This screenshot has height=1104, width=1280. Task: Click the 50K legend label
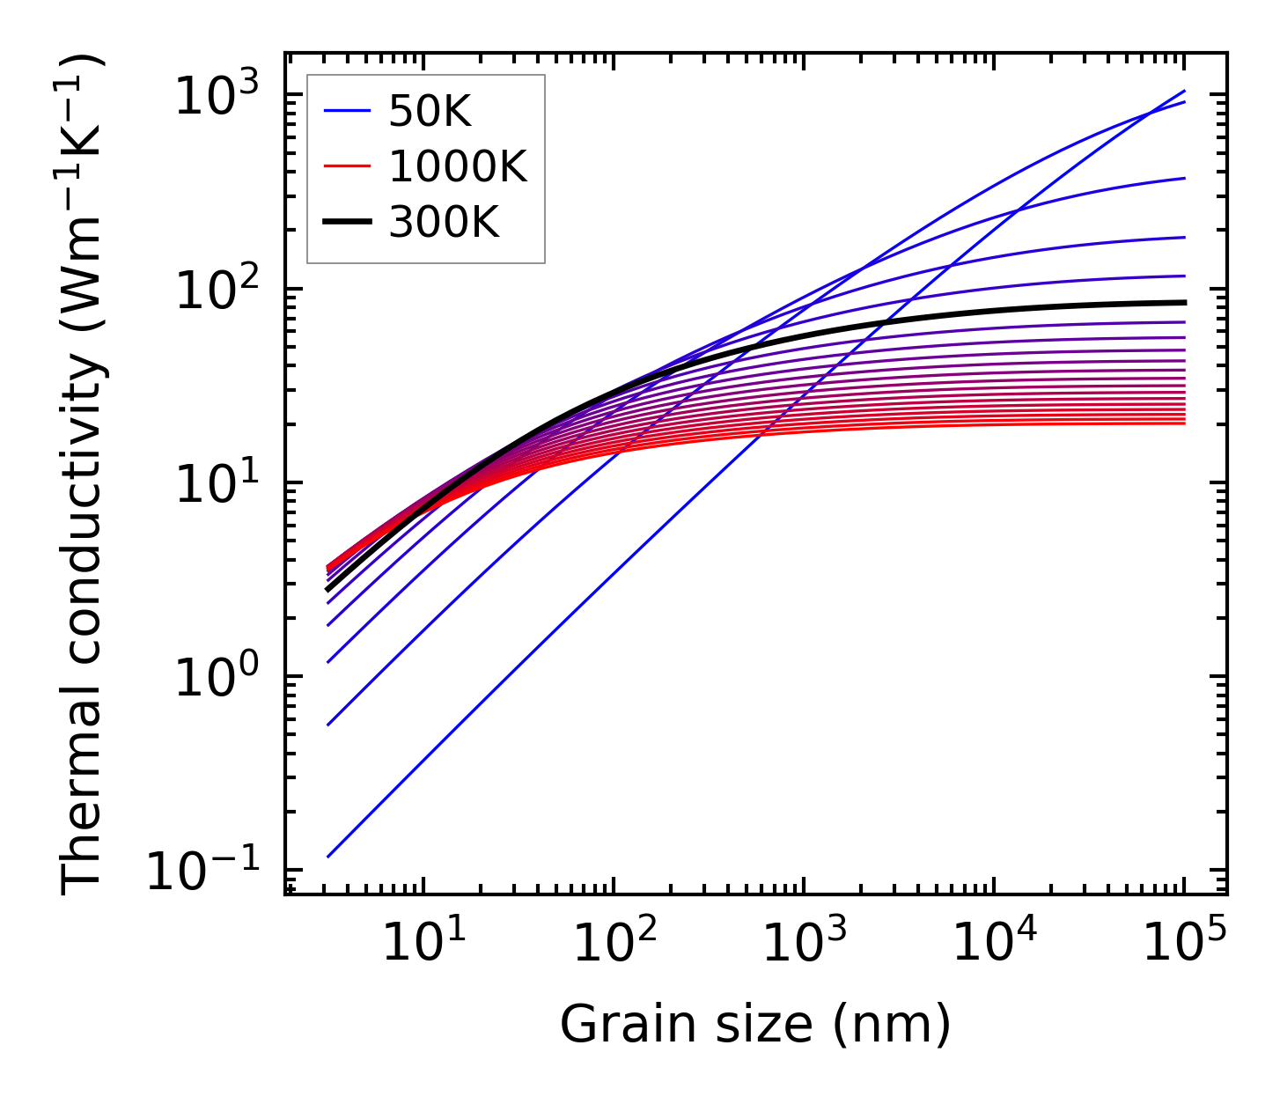430,112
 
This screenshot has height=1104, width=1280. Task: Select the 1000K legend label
457,166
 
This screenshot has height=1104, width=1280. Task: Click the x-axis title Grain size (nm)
755,1025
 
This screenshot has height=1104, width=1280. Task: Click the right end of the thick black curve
1185,302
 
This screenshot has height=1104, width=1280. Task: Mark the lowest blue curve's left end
327,857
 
